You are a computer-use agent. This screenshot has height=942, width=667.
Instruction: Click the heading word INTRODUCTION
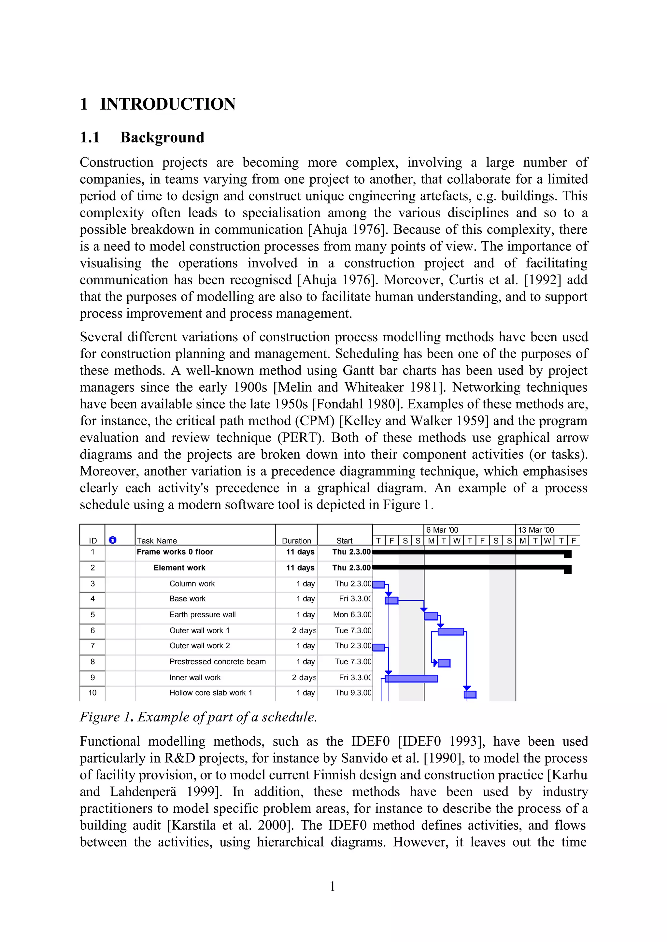(x=168, y=104)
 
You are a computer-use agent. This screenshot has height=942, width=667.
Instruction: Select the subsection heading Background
(x=162, y=137)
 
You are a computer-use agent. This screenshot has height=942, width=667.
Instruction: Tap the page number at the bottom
(x=332, y=887)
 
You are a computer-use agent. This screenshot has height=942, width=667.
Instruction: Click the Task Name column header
(x=157, y=541)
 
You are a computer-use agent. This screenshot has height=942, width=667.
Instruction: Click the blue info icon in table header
(x=113, y=540)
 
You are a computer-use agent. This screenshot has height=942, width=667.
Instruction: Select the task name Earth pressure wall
(x=203, y=614)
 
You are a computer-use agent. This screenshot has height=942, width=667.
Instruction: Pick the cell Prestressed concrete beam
(x=217, y=662)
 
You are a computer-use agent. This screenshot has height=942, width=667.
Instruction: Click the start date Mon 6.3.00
(x=352, y=614)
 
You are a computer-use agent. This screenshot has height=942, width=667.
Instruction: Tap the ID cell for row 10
(x=92, y=693)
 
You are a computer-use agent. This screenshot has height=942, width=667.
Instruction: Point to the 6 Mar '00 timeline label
(x=442, y=530)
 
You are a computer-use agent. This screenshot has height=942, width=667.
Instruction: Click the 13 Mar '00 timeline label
(x=535, y=530)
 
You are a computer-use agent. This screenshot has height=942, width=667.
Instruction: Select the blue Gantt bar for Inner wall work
(x=411, y=678)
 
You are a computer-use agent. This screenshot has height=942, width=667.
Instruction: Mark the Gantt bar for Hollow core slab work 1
(x=470, y=695)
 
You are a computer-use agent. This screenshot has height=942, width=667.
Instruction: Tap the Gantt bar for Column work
(x=378, y=584)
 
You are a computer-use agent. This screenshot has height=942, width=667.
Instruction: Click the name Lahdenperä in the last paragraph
(x=143, y=792)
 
